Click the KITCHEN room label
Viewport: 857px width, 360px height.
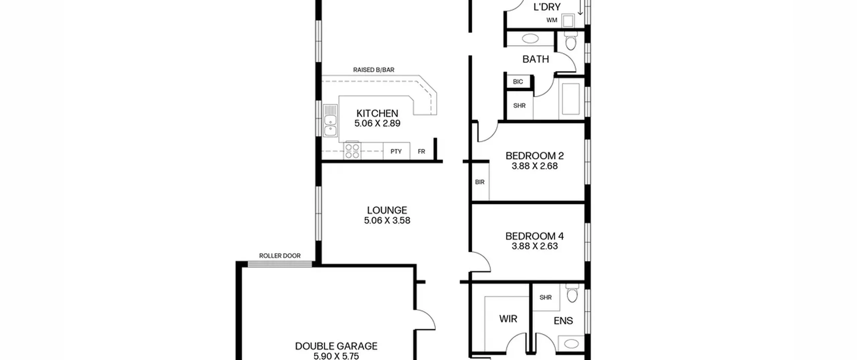(x=377, y=113)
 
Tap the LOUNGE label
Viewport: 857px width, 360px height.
(x=387, y=210)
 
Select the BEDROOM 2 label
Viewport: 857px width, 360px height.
(x=535, y=156)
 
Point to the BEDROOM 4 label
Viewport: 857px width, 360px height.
(x=535, y=236)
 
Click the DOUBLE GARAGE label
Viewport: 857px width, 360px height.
(x=336, y=346)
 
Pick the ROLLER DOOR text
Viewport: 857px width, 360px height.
(x=280, y=256)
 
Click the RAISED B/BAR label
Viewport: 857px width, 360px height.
(x=374, y=70)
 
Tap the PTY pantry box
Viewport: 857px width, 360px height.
(x=396, y=151)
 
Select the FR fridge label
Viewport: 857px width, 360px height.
(x=421, y=152)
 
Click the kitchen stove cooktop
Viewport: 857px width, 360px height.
(x=352, y=150)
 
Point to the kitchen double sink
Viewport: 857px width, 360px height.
(x=330, y=121)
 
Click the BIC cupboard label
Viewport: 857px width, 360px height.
(x=518, y=82)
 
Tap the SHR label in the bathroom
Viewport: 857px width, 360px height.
(x=519, y=106)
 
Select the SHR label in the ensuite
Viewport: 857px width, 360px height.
(x=546, y=297)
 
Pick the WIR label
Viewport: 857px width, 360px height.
(x=508, y=319)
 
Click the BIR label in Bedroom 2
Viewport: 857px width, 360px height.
(x=480, y=182)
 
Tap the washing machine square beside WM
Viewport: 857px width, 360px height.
(x=568, y=21)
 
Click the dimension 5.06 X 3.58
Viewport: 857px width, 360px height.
(x=387, y=220)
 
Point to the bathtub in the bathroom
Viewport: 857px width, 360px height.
(x=571, y=99)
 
